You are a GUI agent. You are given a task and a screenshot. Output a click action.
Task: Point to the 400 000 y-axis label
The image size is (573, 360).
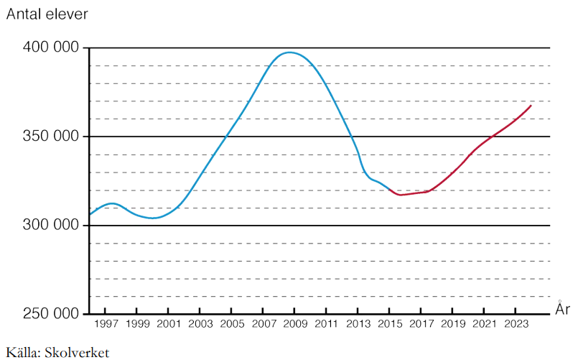click(50, 48)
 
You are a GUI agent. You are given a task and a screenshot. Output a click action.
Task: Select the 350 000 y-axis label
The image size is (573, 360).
click(50, 137)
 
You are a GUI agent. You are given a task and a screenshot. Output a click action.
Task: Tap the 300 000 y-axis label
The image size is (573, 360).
click(50, 225)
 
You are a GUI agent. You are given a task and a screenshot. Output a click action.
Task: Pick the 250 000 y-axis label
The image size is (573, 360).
click(50, 314)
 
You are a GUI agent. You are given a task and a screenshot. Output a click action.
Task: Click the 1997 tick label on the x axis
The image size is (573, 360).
click(106, 325)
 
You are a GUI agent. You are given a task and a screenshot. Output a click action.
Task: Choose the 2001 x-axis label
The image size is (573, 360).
click(168, 325)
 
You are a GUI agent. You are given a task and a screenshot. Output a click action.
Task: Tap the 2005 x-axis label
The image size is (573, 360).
click(231, 325)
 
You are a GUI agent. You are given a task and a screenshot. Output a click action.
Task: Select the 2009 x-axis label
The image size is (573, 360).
click(294, 325)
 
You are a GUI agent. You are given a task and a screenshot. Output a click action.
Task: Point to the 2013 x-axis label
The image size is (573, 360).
click(358, 325)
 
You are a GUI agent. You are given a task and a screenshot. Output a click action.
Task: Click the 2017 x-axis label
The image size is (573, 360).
click(421, 325)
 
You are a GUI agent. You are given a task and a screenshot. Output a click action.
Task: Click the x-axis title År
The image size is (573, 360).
click(563, 309)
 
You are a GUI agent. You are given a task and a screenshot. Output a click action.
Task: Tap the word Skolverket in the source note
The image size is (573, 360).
click(77, 352)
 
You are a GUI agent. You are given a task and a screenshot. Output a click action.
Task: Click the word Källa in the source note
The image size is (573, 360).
click(22, 352)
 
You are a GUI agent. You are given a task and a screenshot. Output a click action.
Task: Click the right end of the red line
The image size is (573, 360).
click(531, 106)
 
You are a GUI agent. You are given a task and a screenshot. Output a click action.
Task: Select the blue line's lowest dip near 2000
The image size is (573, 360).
click(152, 218)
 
